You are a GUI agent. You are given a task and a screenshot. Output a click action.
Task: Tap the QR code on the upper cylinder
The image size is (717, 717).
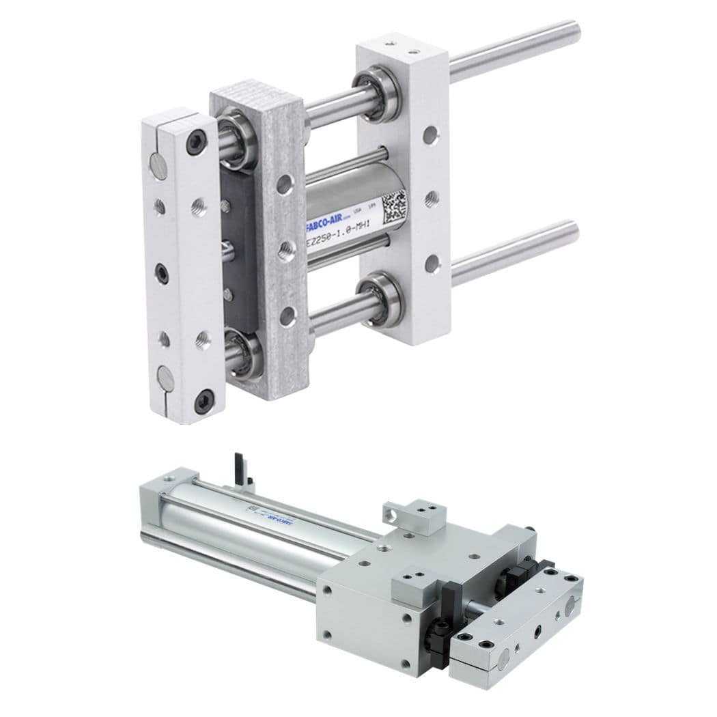pos(394,205)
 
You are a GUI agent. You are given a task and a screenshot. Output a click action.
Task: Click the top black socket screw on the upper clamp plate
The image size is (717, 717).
pos(195,143)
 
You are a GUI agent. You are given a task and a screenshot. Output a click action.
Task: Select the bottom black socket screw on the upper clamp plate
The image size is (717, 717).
pos(203,401)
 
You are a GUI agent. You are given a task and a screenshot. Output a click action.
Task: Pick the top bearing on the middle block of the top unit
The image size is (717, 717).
pos(237,140)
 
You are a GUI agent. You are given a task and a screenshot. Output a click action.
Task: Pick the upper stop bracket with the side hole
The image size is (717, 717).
pos(414,516)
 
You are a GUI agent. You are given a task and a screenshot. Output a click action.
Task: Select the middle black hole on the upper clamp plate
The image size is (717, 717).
pos(161,273)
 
